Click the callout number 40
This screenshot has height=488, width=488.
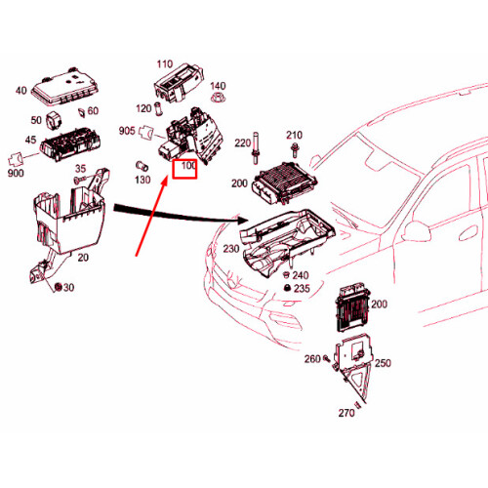click(x=20, y=91)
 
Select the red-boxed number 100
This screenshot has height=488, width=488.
click(x=185, y=169)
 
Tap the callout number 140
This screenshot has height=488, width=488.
click(x=217, y=86)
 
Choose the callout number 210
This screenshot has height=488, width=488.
click(x=294, y=135)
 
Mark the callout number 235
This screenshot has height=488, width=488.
click(x=302, y=289)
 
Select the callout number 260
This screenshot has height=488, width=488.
click(x=312, y=359)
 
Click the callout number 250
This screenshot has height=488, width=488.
click(x=383, y=363)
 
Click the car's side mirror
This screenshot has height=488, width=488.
click(x=417, y=231)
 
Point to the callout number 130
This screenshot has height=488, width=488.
click(x=142, y=180)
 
